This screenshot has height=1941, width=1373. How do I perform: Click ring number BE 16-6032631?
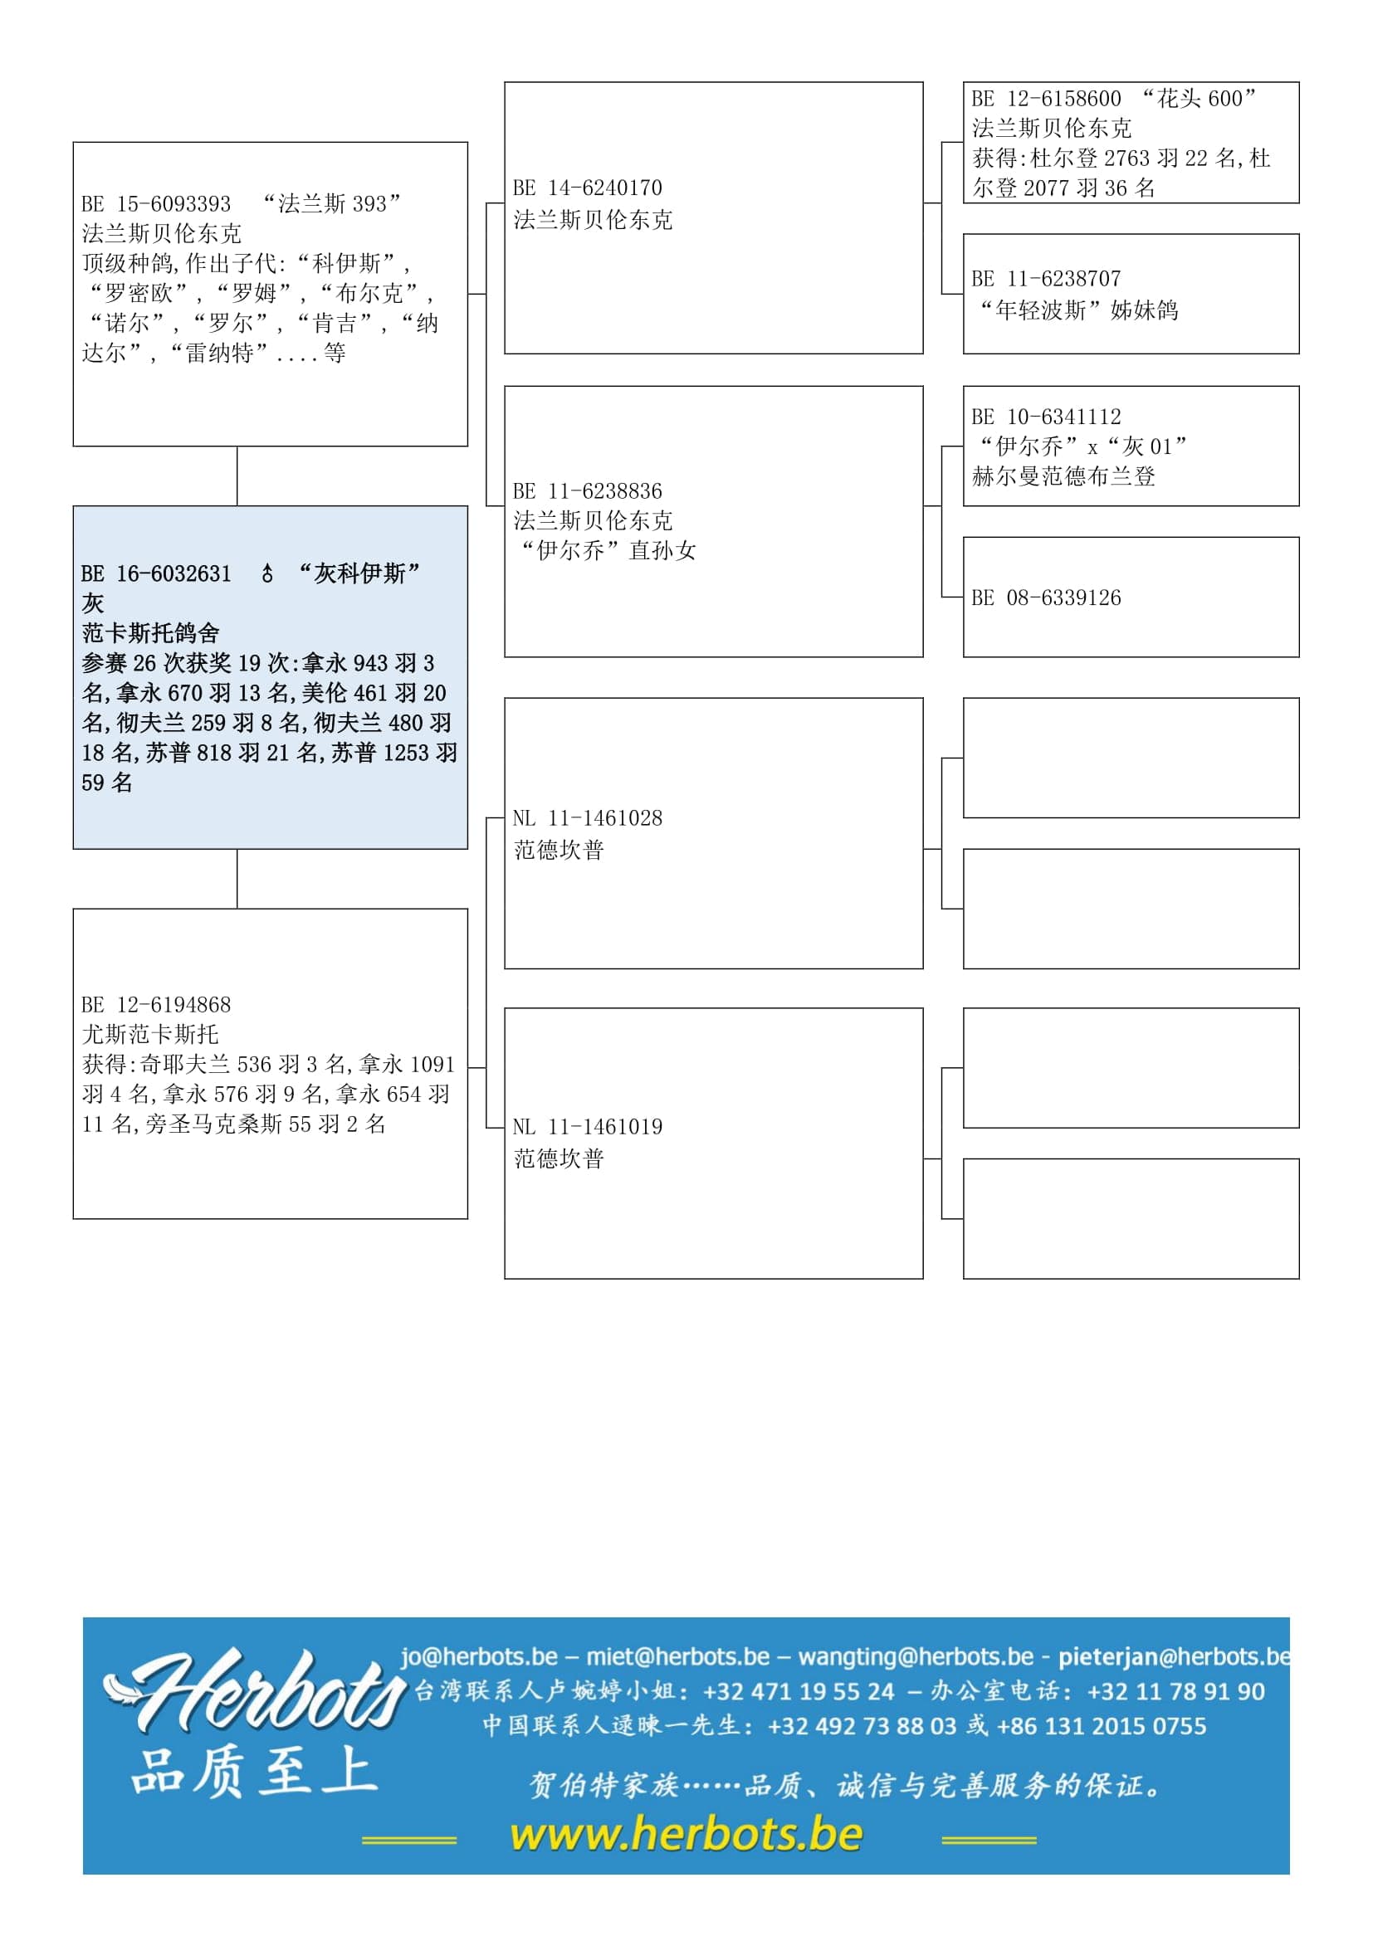click(x=155, y=574)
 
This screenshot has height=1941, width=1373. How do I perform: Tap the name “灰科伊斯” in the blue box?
click(x=359, y=574)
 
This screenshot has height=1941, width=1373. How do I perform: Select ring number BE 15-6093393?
click(x=155, y=204)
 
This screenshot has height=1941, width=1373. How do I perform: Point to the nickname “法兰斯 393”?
click(x=331, y=204)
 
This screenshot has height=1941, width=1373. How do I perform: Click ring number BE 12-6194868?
click(x=155, y=1004)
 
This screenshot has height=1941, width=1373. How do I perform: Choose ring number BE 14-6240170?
click(x=588, y=188)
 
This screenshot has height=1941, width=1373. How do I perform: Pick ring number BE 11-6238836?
click(x=588, y=491)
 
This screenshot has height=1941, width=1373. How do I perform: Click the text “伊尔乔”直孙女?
click(x=606, y=551)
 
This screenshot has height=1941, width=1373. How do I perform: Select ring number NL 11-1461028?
click(x=588, y=818)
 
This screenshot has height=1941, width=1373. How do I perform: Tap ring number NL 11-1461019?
click(x=588, y=1127)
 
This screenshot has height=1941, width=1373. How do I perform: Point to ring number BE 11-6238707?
click(x=1046, y=279)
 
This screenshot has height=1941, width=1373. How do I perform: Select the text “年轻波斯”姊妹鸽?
click(x=1078, y=310)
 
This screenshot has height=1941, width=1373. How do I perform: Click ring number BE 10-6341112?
click(x=1046, y=417)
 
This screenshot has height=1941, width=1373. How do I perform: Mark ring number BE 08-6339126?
click(x=1046, y=597)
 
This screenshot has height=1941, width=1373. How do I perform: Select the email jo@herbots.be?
click(x=478, y=1656)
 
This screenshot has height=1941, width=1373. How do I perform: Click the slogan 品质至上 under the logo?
click(x=254, y=1773)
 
